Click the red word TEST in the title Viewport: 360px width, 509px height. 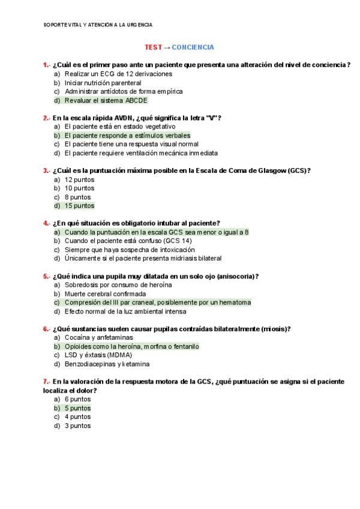click(x=153, y=47)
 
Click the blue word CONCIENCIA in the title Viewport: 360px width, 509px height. click(x=193, y=47)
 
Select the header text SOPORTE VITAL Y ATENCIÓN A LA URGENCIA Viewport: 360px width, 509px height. click(x=98, y=25)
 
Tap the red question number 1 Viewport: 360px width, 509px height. click(x=46, y=65)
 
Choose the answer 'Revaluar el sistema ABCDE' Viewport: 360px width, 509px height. click(x=106, y=100)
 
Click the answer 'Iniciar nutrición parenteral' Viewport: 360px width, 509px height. click(x=103, y=83)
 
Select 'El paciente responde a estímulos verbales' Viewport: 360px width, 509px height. click(x=127, y=136)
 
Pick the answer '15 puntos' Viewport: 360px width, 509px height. click(x=79, y=206)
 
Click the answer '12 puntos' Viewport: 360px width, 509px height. click(x=79, y=179)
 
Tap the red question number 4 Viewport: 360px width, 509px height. click(x=46, y=223)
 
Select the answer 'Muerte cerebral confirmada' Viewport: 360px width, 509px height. click(x=105, y=294)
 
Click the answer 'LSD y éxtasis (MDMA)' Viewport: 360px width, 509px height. click(x=98, y=355)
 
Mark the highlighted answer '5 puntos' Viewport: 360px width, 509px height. click(x=77, y=408)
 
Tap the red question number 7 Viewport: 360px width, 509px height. click(x=46, y=382)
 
